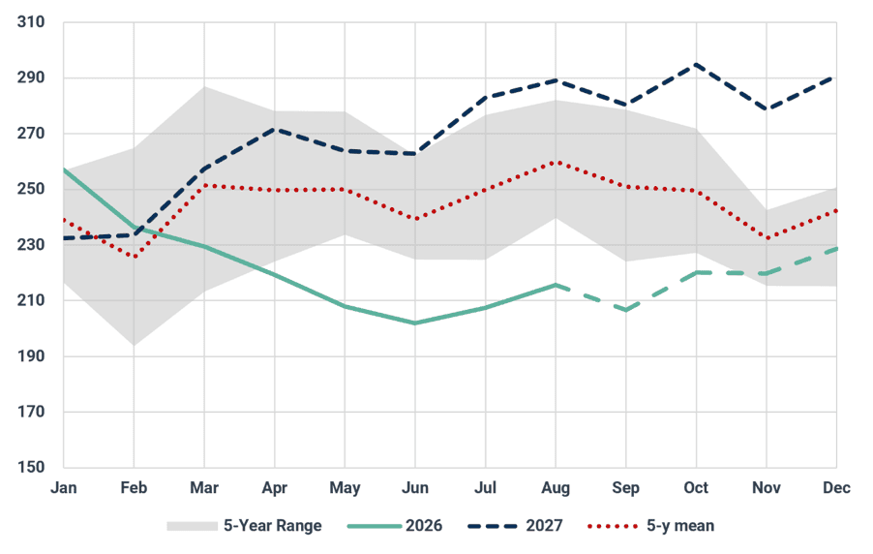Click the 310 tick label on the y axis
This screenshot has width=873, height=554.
pos(31,22)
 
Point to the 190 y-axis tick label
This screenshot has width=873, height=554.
pos(31,356)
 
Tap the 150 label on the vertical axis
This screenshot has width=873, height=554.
pos(31,467)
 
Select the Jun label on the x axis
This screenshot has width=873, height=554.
pos(415,488)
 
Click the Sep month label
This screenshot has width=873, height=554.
pos(626,489)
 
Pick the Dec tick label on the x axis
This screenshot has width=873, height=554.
pos(836,488)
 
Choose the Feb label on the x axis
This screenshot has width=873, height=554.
pos(134,488)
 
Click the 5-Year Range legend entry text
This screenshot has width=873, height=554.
pos(272,526)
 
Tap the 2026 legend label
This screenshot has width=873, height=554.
pos(424,526)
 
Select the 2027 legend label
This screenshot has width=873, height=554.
pos(544,526)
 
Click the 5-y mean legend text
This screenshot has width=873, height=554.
pos(680,526)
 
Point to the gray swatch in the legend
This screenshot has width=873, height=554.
pos(192,526)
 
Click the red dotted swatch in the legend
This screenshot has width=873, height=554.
pos(613,526)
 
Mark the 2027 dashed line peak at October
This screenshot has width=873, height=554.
pos(696,65)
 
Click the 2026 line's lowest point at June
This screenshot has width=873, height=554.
pos(415,323)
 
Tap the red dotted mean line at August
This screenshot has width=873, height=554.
pos(556,162)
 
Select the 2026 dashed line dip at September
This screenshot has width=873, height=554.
pos(626,310)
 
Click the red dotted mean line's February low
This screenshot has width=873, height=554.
pos(135,257)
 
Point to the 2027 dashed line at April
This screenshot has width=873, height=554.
pos(275,129)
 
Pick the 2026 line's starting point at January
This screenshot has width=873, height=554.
pos(64,169)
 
